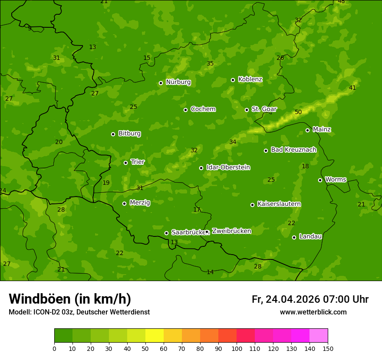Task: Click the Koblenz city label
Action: point(250,79)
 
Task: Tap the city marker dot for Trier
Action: point(125,163)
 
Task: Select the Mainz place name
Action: point(322,129)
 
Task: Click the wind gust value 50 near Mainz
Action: point(298,112)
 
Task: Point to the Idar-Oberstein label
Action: point(228,167)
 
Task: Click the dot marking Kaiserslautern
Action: point(252,205)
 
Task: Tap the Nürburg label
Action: point(178,82)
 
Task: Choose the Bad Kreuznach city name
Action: point(293,150)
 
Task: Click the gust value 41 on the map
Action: point(352,88)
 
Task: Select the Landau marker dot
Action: point(294,237)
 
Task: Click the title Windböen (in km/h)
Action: point(70,299)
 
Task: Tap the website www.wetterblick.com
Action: point(313,312)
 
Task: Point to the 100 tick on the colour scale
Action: point(237,348)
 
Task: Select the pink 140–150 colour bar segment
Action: point(319,336)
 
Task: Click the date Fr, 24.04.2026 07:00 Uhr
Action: point(310,299)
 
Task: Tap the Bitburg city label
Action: point(129,134)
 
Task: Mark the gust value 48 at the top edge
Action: point(341,2)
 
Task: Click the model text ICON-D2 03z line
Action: point(79,312)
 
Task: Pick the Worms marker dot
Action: point(320,180)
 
